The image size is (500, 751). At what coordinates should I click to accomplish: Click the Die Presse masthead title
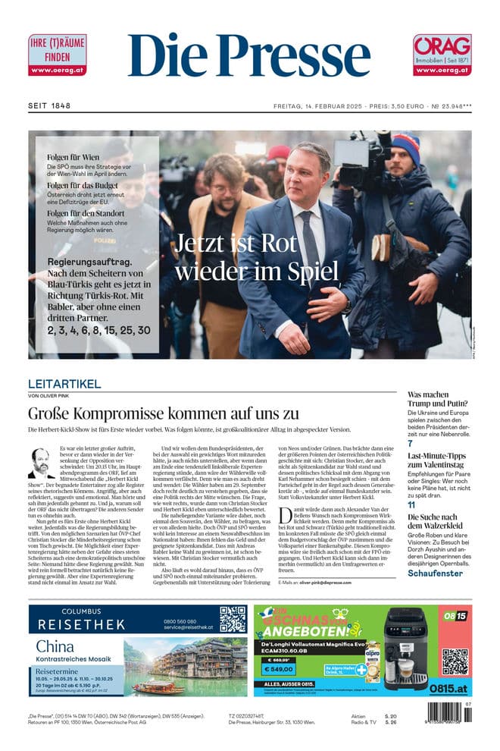[249, 55]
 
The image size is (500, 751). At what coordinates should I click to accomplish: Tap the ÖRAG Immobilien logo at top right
[442, 55]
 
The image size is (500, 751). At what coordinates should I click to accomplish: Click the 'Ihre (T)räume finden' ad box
[57, 55]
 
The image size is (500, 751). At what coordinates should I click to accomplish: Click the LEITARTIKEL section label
[64, 384]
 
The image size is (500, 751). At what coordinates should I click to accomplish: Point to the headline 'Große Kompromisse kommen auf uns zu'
[163, 413]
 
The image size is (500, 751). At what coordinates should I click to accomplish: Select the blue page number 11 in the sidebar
[411, 504]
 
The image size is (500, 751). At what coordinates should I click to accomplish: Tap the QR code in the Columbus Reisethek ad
[233, 618]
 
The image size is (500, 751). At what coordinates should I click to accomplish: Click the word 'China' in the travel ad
[55, 646]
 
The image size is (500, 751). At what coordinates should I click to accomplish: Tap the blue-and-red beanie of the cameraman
[406, 146]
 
